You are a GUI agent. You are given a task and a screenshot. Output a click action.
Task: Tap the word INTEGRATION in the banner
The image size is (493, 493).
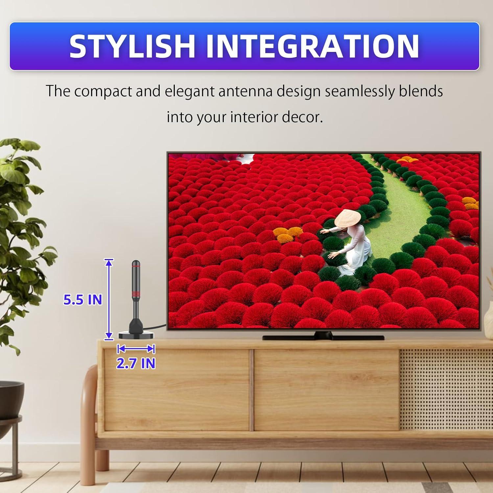(312, 46)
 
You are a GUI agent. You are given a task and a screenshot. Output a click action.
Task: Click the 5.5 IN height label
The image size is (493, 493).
(82, 300)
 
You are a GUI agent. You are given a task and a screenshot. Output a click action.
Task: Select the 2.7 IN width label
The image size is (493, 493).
(136, 363)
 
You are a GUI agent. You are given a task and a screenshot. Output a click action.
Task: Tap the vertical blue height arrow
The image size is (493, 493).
(109, 299)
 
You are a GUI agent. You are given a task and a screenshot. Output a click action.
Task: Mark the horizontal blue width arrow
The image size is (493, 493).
(136, 349)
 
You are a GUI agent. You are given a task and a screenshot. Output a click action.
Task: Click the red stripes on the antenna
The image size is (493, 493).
(136, 292)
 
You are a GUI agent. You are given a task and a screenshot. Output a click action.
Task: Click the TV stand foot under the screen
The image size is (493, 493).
(323, 337)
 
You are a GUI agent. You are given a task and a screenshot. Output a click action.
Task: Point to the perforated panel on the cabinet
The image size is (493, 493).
(446, 389)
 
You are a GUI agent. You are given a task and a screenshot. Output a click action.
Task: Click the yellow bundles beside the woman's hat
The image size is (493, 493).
(288, 234)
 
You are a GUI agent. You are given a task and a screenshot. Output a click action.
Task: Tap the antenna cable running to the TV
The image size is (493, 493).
(158, 327)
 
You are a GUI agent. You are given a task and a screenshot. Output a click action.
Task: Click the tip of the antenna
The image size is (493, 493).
(136, 262)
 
